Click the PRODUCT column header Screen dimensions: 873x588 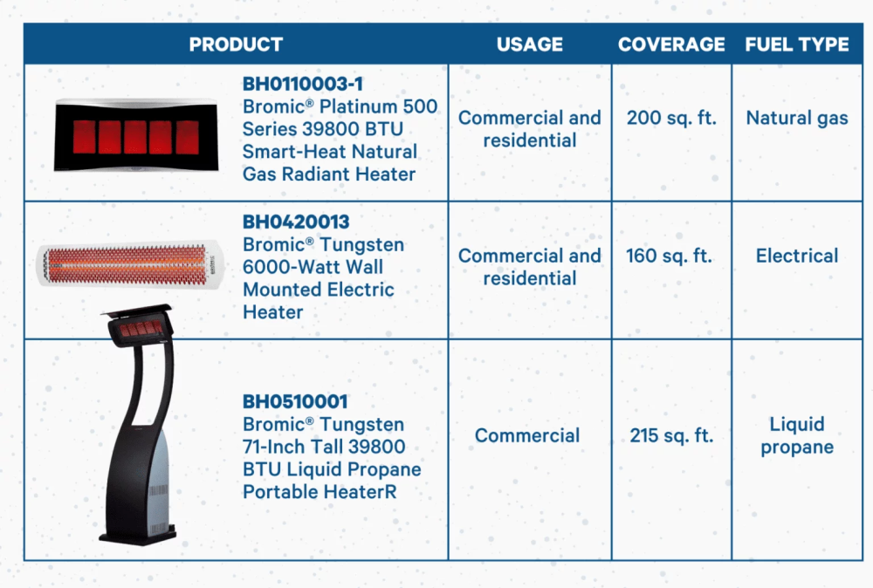[x=236, y=44]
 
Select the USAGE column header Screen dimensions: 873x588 [x=530, y=44]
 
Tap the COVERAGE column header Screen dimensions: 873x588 [x=671, y=44]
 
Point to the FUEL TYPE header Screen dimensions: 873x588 [x=797, y=44]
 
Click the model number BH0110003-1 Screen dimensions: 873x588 [x=303, y=84]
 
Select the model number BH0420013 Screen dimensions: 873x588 [x=296, y=222]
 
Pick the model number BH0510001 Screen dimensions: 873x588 [x=295, y=401]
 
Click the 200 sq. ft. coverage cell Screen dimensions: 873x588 [x=671, y=118]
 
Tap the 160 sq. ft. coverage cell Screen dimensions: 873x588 [x=670, y=256]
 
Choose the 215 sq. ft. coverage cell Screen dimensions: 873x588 [x=671, y=435]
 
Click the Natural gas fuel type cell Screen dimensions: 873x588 [x=797, y=119]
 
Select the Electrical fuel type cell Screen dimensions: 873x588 [x=797, y=256]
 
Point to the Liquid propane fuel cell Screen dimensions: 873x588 [x=797, y=435]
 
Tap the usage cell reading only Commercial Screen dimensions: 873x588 [x=527, y=435]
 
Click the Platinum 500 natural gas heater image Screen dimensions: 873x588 [x=136, y=134]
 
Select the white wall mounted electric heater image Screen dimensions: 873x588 [x=130, y=264]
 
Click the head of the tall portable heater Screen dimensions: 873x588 [x=139, y=325]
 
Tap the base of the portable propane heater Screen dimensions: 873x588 [x=139, y=535]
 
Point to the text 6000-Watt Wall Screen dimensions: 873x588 [x=313, y=267]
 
